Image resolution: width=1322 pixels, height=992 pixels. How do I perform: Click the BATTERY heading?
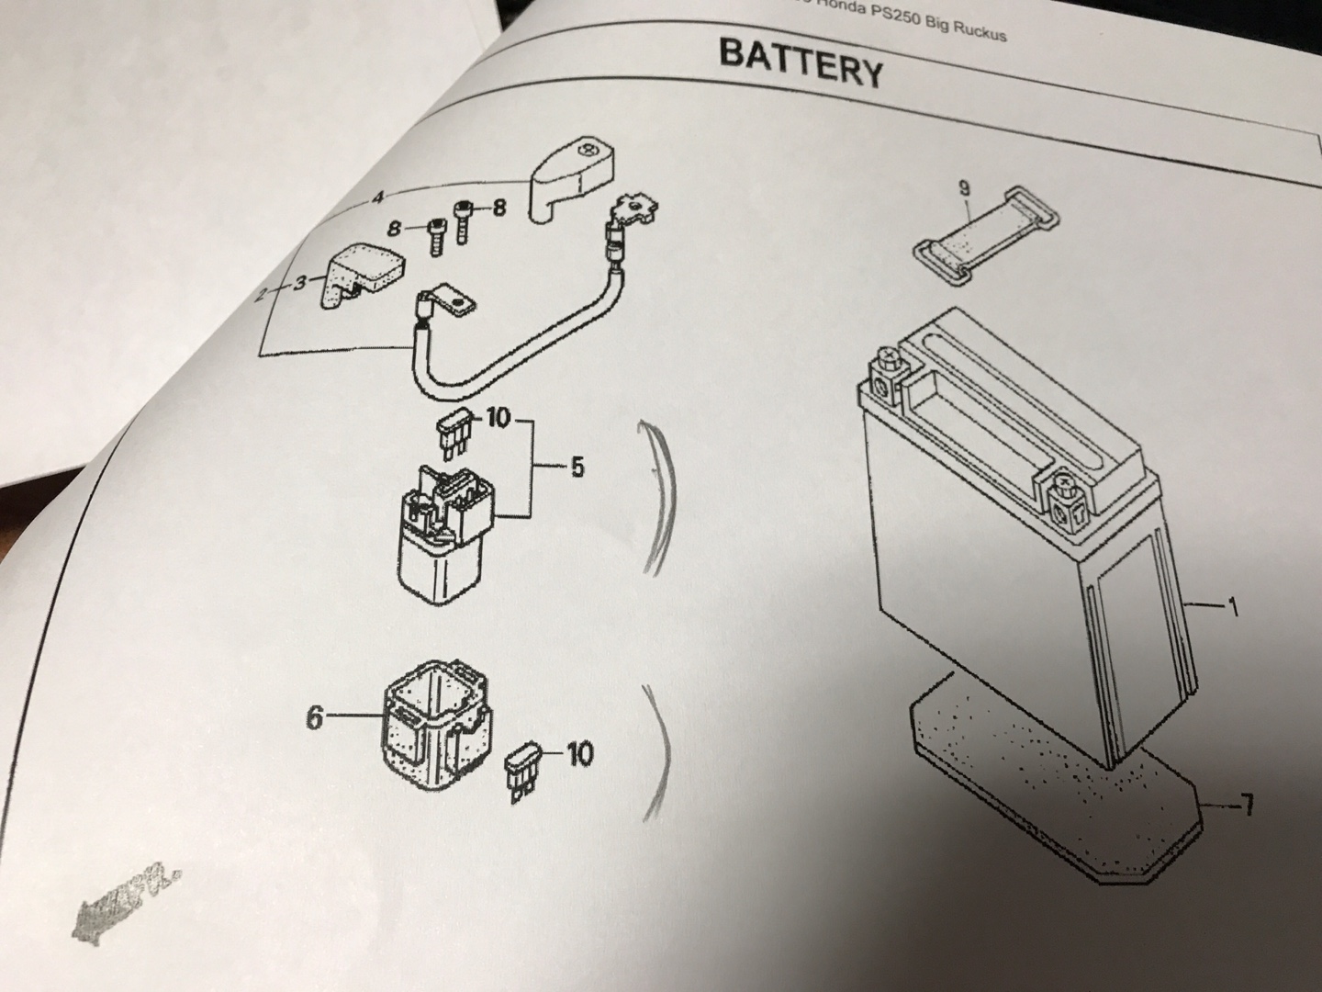point(801,62)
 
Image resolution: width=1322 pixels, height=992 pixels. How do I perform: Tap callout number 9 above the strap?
point(963,189)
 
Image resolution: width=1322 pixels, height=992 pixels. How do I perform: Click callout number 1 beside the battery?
point(1232,608)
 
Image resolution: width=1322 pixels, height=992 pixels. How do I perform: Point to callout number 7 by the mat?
point(1245,808)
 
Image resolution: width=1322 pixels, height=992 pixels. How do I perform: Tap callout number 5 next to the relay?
point(577,468)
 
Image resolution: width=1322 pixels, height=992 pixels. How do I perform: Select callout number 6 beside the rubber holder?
point(315,717)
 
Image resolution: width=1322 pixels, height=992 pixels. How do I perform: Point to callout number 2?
point(261,293)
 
